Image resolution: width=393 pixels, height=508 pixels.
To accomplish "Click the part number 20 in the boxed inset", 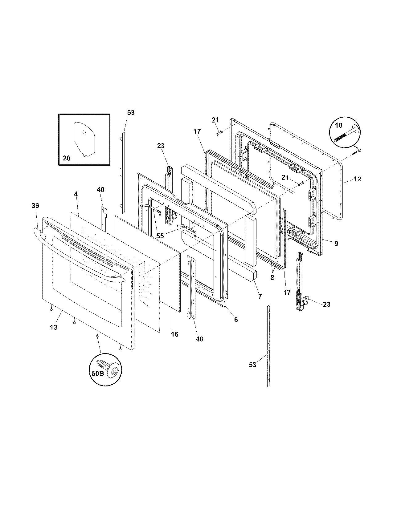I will tap(67, 158).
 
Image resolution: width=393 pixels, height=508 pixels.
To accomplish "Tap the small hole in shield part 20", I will tap(84, 132).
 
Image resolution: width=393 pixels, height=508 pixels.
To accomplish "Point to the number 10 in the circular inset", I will tap(338, 126).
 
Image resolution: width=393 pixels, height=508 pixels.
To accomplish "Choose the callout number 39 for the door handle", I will tap(35, 205).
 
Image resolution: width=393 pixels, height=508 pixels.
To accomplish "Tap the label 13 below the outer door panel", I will tap(54, 327).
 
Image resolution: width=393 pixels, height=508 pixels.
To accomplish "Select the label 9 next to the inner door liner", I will tap(336, 244).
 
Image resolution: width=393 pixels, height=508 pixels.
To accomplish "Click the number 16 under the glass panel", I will tap(174, 334).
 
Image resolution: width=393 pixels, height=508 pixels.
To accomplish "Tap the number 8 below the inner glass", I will tap(272, 277).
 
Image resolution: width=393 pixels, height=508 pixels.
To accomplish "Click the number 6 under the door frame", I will tap(236, 320).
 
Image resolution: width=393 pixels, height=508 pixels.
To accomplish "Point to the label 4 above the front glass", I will tap(76, 194).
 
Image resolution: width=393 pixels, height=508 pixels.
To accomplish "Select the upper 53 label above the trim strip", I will tap(131, 112).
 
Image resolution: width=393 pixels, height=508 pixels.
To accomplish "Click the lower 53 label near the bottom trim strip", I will tap(252, 365).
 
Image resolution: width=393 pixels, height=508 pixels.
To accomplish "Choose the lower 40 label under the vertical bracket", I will tap(199, 339).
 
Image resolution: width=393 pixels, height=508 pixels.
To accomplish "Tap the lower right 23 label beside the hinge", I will tap(326, 304).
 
